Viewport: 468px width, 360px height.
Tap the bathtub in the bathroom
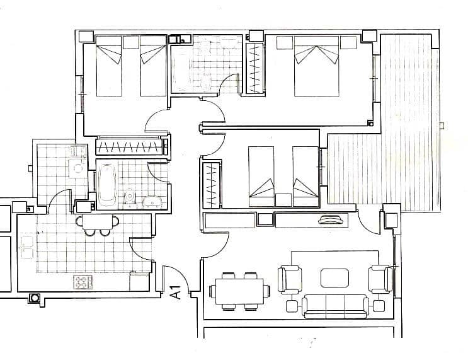pyautogui.click(x=107, y=184)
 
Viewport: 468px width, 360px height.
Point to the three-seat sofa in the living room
pyautogui.click(x=334, y=306)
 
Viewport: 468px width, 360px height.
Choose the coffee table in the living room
pyautogui.click(x=334, y=278)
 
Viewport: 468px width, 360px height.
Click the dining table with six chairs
pyautogui.click(x=240, y=291)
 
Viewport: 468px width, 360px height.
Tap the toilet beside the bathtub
pyautogui.click(x=130, y=196)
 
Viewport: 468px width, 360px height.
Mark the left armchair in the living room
pyautogui.click(x=290, y=279)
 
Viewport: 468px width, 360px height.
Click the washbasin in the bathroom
pyautogui.click(x=154, y=201)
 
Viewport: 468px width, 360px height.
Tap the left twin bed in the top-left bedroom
pyautogui.click(x=108, y=66)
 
